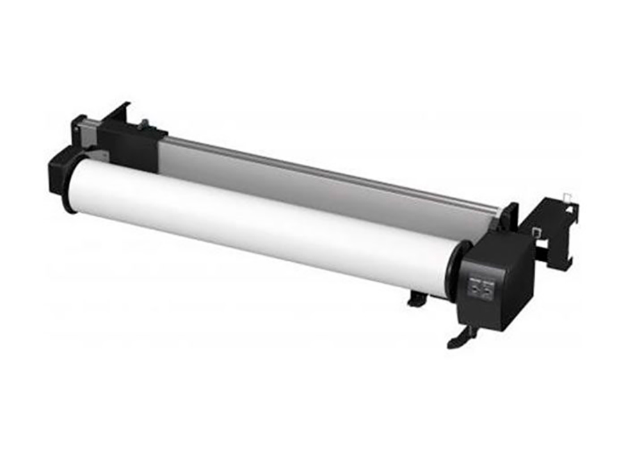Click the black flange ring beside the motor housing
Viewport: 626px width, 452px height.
coord(455,271)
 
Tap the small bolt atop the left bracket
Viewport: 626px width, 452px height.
coord(143,124)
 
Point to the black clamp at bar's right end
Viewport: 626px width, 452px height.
coord(510,216)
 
